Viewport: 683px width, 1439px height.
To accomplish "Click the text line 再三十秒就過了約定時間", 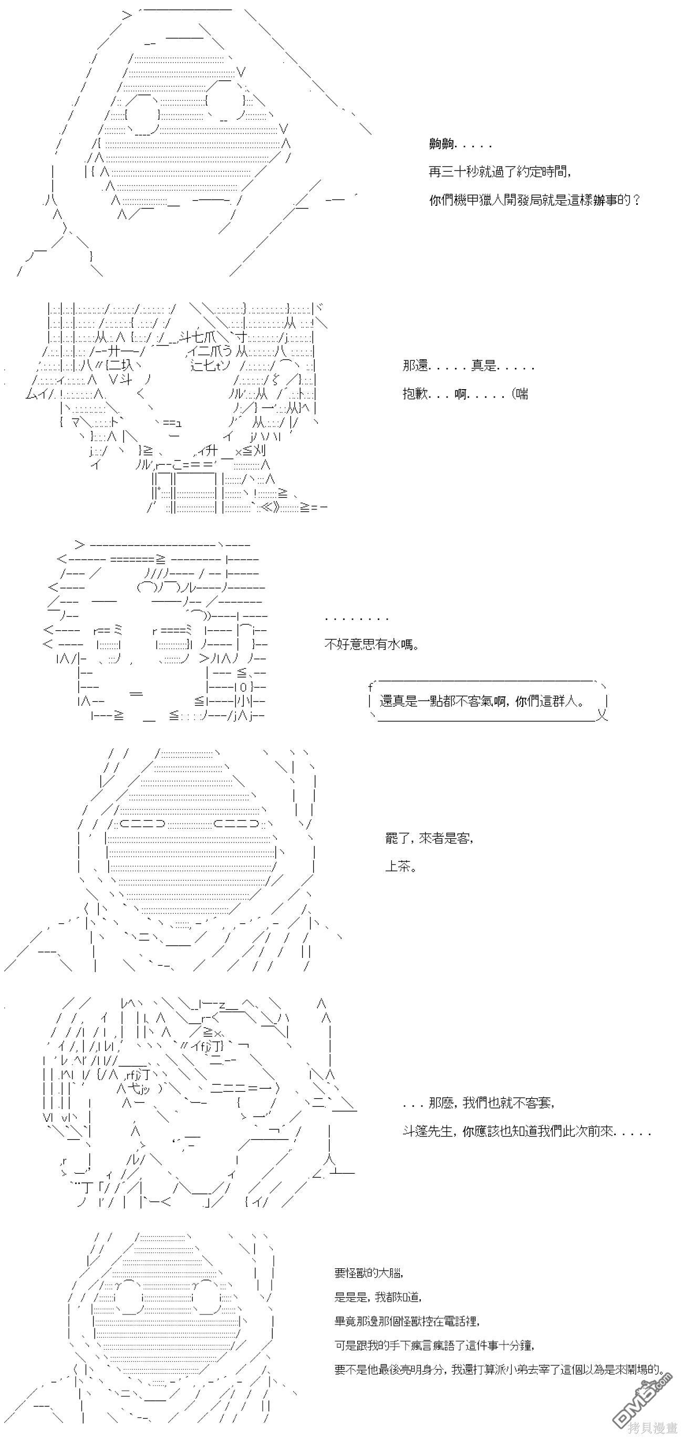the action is [500, 172].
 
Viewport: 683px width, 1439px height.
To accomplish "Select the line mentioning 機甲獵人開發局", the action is [534, 200].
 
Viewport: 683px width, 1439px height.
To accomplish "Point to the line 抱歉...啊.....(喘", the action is [465, 394].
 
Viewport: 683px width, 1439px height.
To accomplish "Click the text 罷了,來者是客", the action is [429, 838].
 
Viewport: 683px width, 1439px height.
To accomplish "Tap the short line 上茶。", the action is [401, 867].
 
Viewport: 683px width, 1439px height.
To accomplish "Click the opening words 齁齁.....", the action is [441, 144].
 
